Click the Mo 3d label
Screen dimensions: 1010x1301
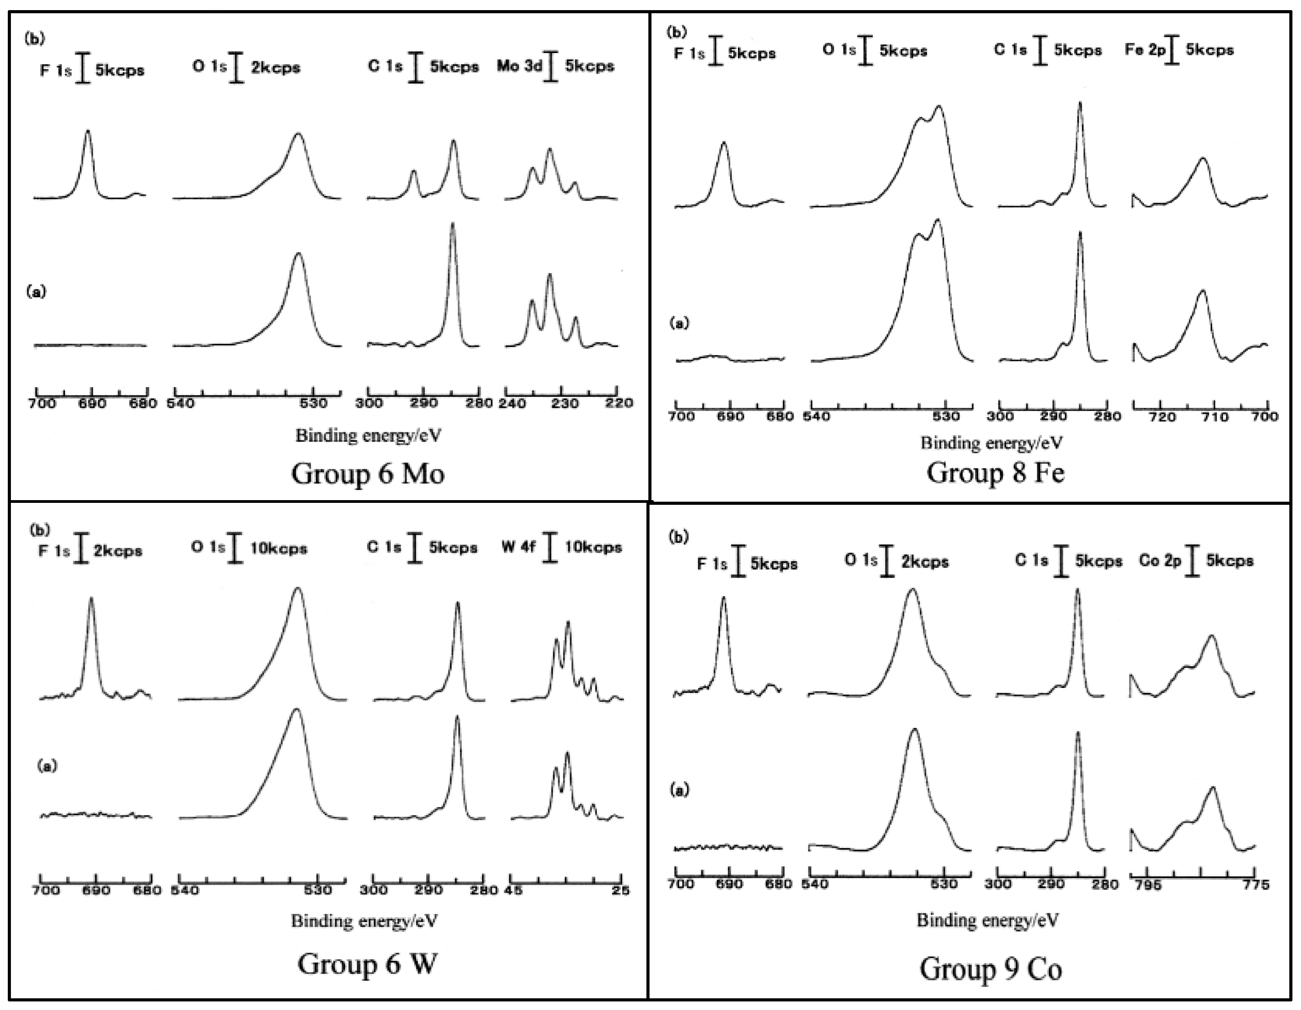click(519, 66)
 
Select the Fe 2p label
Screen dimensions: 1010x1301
click(1144, 50)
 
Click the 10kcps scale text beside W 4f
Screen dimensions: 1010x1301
click(593, 547)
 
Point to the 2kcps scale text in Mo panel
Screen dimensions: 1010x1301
click(275, 67)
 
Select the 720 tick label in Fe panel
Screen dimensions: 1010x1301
click(1162, 417)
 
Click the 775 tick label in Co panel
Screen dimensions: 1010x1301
click(1256, 885)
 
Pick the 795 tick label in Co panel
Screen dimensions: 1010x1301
click(1147, 885)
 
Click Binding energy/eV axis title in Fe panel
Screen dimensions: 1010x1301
click(992, 443)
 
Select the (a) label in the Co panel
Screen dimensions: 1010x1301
click(679, 790)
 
